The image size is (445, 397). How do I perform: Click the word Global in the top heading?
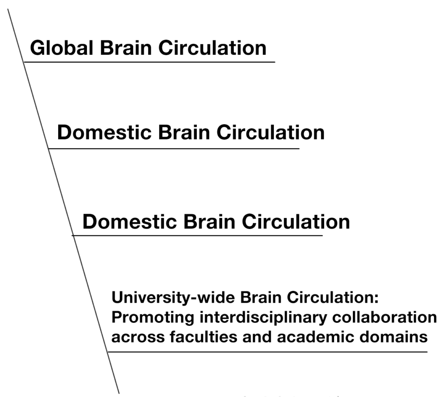coord(61,47)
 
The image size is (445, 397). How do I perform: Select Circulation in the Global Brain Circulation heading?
coord(212,47)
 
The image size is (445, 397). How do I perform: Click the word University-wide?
coord(173,298)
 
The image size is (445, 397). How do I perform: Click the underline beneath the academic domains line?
coord(267,352)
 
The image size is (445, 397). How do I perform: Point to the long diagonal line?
coord(61,195)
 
